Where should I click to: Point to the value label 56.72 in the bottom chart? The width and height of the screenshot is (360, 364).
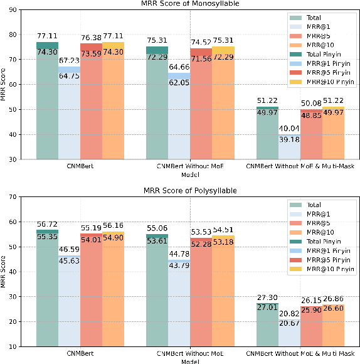47,224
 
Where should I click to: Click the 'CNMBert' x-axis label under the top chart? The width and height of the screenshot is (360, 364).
80,166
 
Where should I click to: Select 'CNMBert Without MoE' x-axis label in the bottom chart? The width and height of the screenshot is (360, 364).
189,353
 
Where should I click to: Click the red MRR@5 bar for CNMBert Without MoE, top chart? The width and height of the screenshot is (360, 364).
201,107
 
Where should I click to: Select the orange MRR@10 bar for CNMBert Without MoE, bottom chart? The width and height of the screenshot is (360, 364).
223,295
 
